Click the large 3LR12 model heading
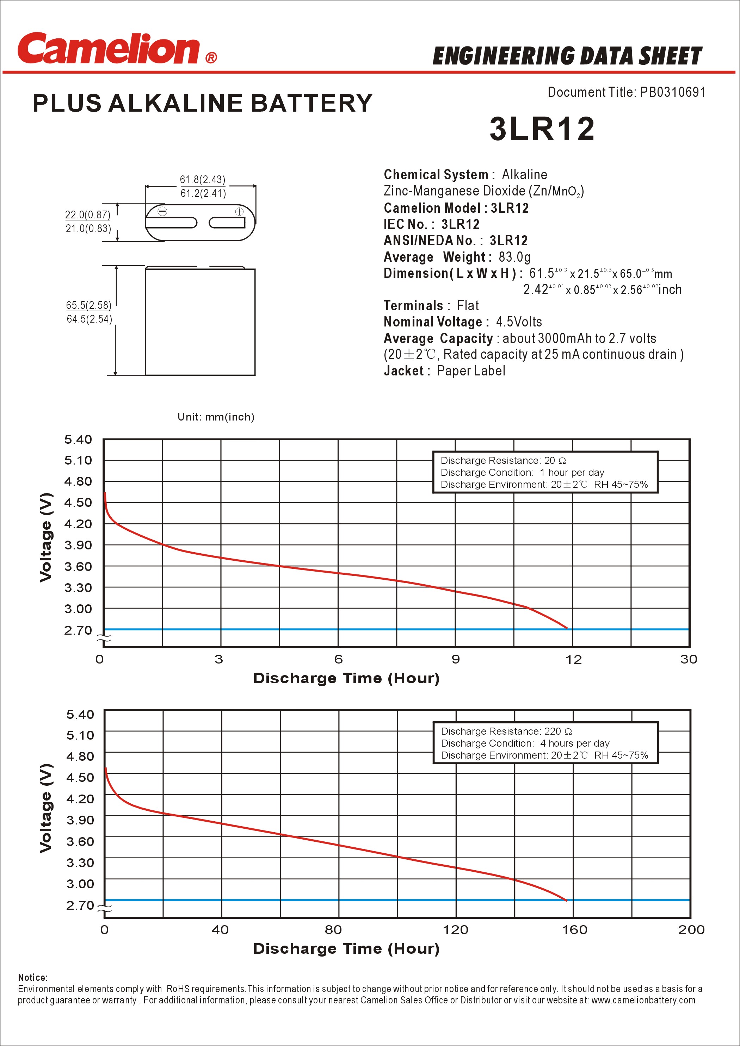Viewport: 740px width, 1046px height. (542, 129)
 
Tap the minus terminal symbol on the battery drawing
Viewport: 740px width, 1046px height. (162, 211)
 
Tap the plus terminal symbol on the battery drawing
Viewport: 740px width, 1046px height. (239, 211)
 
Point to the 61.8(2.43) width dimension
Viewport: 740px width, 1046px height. (202, 180)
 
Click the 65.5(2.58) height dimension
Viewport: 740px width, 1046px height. (88, 305)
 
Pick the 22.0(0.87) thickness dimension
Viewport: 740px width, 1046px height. (87, 214)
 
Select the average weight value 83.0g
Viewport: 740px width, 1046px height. (514, 257)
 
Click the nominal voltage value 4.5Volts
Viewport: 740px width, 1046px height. (519, 322)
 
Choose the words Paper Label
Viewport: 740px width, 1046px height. (470, 371)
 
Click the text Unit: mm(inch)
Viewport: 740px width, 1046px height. (216, 417)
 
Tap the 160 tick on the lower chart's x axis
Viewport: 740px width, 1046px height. (574, 930)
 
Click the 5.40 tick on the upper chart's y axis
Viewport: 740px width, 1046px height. (78, 440)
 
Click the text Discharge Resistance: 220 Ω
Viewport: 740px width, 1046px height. (506, 731)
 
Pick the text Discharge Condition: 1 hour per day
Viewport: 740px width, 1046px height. (522, 472)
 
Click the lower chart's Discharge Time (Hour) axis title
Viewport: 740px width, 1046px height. (346, 949)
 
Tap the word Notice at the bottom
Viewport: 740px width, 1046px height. (32, 978)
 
